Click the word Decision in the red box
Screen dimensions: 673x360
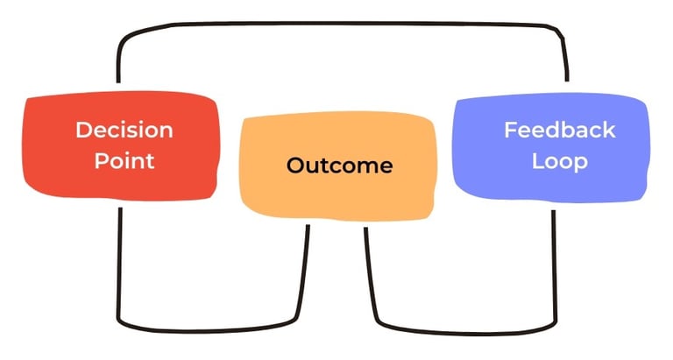(x=124, y=131)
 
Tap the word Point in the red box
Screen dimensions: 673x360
(x=124, y=160)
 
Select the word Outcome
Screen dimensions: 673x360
(x=339, y=166)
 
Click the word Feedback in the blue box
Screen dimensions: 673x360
(x=559, y=131)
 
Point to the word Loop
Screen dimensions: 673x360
(x=558, y=161)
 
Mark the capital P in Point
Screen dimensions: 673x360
(x=99, y=160)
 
